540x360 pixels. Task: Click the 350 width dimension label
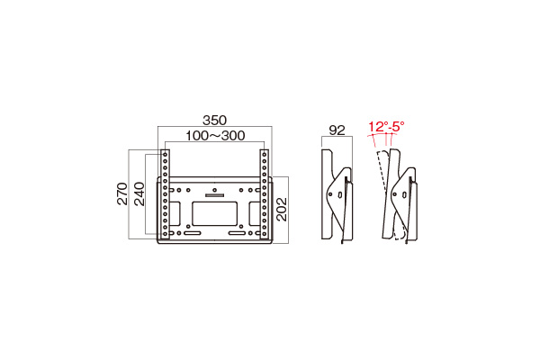pos(214,120)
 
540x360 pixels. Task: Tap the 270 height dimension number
pos(123,194)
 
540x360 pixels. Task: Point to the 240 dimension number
pos(139,194)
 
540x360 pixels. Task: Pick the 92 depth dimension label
pos(337,130)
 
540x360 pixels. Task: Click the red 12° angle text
pos(376,127)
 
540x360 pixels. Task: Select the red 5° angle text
pos(397,127)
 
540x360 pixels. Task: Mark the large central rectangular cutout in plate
pos(215,213)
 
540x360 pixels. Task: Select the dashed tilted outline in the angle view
pos(383,175)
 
